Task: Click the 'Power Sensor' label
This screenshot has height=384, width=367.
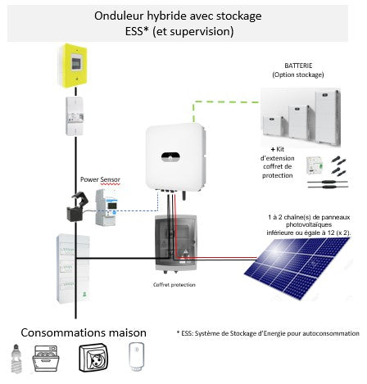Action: click(100, 178)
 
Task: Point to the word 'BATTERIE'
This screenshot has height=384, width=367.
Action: click(298, 66)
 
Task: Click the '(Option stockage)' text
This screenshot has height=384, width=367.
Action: click(298, 75)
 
